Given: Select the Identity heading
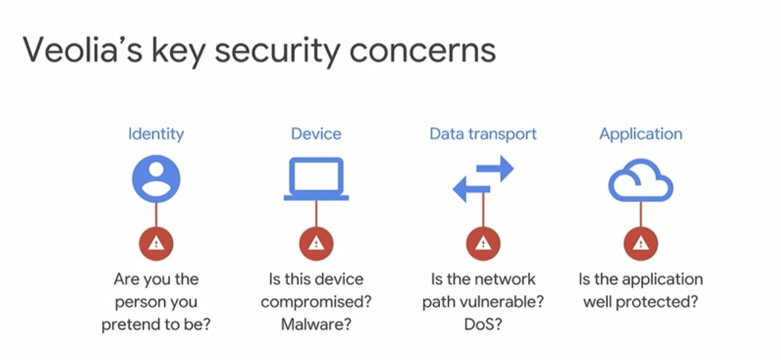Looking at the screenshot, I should pos(156,134).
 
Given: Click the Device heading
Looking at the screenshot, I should pos(316,134).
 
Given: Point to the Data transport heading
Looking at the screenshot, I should pos(483,134).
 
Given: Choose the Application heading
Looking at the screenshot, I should pos(641,134).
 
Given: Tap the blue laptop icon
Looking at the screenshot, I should pos(316,179).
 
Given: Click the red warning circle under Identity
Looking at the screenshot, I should pos(156,244).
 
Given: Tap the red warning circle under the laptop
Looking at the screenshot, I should pos(316,244).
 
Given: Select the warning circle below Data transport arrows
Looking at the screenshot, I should pos(483,244).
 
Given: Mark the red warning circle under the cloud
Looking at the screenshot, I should pos(641,244).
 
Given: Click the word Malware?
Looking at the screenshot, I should pos(316,324).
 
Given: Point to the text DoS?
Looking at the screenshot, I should pos(483,324).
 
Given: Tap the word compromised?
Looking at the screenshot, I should pos(316,302).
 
